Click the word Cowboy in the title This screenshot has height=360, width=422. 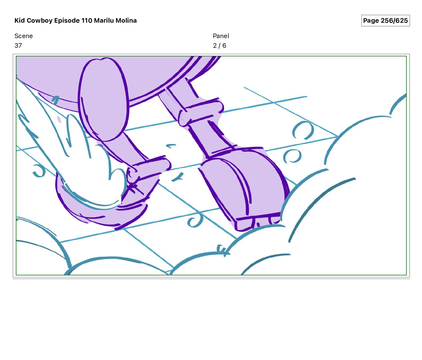point(40,21)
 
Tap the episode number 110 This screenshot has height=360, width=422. point(87,21)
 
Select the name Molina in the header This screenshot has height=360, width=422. point(126,21)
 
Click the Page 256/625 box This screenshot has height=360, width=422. point(385,21)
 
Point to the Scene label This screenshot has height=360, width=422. point(23,36)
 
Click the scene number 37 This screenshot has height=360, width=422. point(18,46)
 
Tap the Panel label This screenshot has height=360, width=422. point(221,36)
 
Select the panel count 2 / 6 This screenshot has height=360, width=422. point(220,46)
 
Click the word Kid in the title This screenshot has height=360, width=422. point(20,21)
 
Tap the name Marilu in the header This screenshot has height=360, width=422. point(104,21)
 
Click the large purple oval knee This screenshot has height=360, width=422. point(103,99)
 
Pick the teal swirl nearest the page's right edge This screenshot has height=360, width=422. point(303,130)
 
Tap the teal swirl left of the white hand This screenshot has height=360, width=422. point(39,171)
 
